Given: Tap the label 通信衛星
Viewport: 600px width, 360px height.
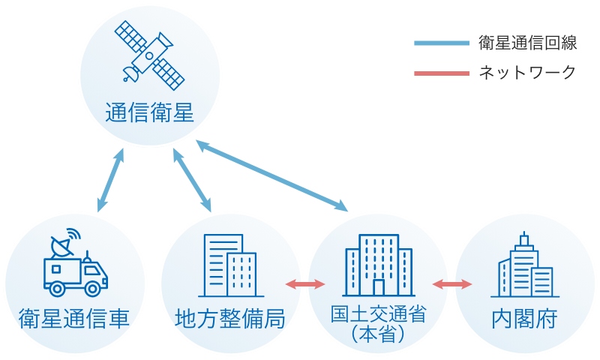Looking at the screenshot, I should (x=149, y=114).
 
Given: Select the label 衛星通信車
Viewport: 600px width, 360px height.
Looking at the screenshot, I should (x=73, y=319).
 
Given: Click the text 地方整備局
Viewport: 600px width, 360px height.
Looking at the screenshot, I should (x=229, y=319).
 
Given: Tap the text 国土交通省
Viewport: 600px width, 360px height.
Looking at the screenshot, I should (x=378, y=313).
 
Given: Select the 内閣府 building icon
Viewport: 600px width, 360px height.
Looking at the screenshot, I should (x=525, y=265).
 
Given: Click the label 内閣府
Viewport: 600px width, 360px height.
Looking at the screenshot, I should (x=525, y=319).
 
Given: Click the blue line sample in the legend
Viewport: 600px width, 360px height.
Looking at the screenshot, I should (x=441, y=43).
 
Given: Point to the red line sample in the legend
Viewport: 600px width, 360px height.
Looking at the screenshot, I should (x=441, y=73).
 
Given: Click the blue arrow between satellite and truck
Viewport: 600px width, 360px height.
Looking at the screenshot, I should (x=110, y=180).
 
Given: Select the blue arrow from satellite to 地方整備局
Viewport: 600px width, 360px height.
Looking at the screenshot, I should (x=191, y=179).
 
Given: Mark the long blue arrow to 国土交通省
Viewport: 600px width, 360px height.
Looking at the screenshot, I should (x=272, y=173).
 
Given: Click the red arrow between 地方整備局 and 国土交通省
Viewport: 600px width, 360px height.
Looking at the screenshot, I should (x=305, y=284).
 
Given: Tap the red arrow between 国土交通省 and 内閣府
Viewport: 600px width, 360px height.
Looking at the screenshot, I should (x=452, y=284).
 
